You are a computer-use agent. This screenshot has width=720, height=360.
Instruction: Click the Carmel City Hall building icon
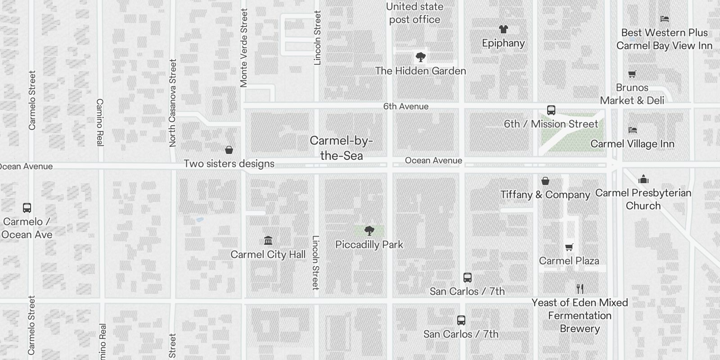268,240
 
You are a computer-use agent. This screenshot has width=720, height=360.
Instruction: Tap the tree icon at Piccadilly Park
369,231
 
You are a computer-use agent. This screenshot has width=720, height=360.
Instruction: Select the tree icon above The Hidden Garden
420,57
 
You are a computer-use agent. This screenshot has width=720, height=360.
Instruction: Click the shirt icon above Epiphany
503,29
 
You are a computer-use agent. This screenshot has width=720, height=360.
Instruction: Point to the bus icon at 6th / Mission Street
551,110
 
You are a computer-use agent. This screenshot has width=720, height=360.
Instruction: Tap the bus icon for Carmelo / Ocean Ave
27,208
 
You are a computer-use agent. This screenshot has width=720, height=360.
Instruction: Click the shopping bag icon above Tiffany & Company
545,181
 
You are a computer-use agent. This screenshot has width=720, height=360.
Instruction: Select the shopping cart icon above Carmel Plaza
569,247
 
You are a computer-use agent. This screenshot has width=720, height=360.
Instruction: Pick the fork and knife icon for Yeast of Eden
580,289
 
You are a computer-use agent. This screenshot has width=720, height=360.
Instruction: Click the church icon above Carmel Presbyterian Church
643,179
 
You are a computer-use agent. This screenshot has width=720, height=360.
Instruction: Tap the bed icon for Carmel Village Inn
632,130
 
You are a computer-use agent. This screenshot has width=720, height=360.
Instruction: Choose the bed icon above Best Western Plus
664,19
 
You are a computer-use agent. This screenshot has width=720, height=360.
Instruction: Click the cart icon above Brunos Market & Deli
632,74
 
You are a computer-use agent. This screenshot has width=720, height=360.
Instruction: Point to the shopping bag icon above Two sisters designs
229,150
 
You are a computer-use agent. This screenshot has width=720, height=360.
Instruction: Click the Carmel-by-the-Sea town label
341,148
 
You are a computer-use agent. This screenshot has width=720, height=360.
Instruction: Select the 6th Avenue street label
405,106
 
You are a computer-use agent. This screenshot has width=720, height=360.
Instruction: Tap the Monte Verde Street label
243,48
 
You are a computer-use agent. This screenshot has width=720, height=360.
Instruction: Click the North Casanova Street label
172,103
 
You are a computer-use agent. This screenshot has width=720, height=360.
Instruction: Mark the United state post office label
414,13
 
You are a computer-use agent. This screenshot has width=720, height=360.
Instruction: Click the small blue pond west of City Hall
199,220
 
